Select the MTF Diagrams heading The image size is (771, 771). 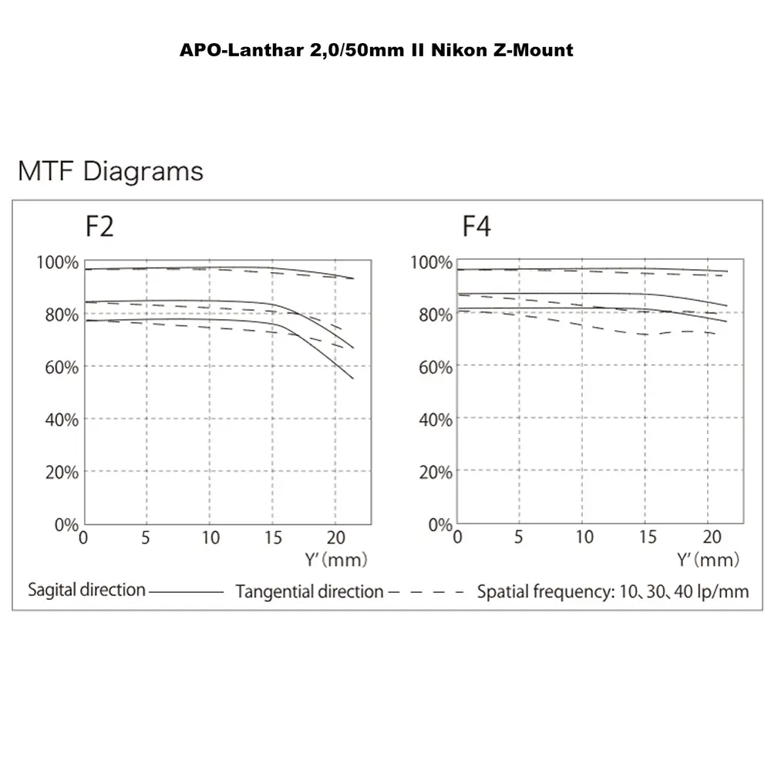pyautogui.click(x=110, y=171)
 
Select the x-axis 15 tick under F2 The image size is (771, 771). pyautogui.click(x=272, y=537)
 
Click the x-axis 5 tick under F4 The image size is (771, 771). pyautogui.click(x=519, y=537)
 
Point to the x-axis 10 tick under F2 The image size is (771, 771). pyautogui.click(x=210, y=537)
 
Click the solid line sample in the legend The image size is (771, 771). pyautogui.click(x=186, y=592)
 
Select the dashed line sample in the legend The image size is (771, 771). pyautogui.click(x=426, y=592)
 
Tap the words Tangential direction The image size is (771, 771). pyautogui.click(x=309, y=592)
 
